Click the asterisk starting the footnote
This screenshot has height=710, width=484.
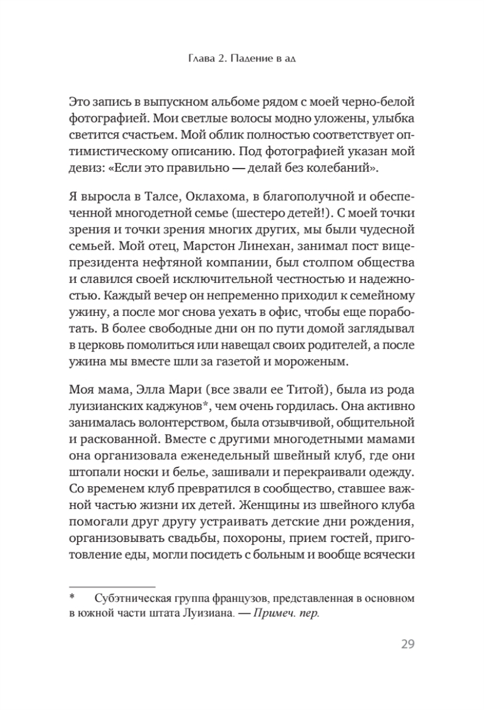click(72, 598)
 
